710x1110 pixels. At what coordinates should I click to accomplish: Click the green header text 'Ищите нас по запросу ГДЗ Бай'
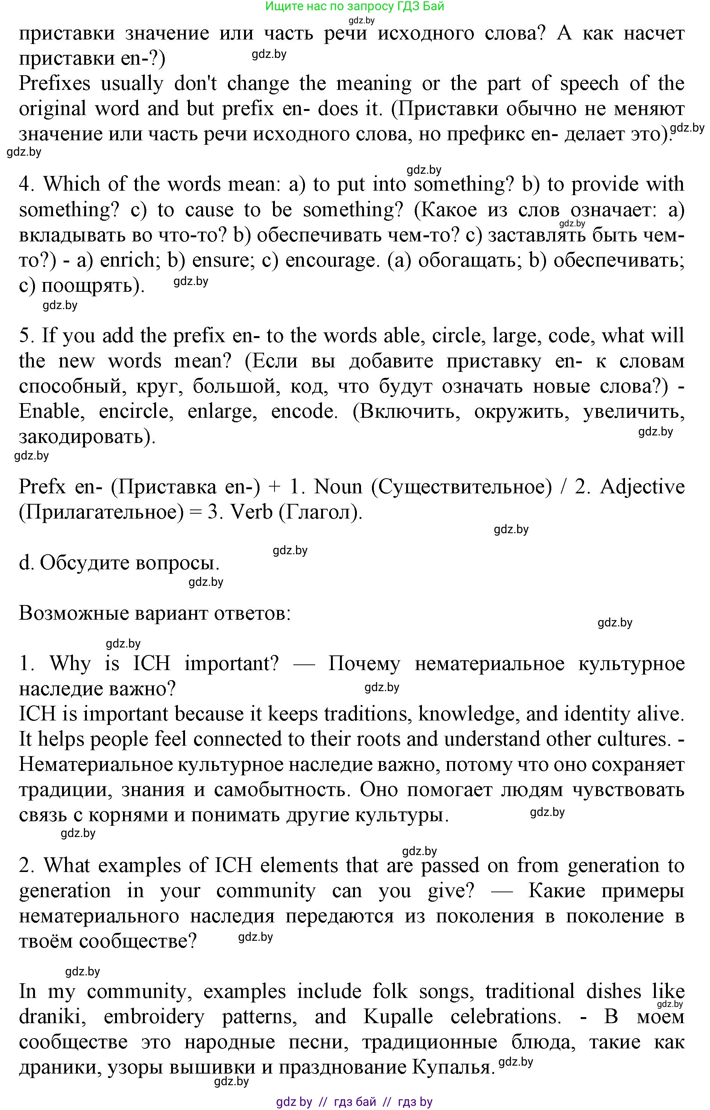(x=355, y=6)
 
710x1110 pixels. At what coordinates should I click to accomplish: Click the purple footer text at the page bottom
(x=354, y=1102)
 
